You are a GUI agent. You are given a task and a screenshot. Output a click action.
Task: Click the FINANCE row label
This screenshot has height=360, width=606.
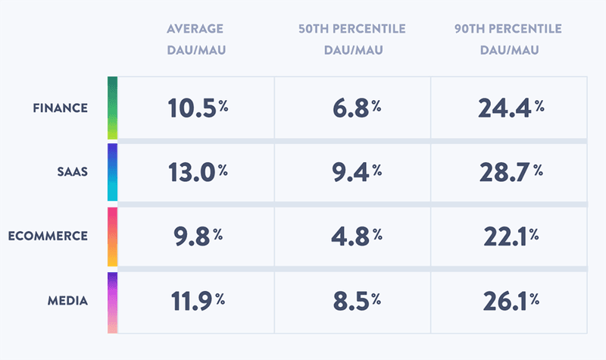[61, 108]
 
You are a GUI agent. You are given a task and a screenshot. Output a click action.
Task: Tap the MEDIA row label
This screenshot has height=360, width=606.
[67, 302]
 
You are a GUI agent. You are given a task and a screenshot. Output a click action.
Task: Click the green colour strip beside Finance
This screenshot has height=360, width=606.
[112, 108]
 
